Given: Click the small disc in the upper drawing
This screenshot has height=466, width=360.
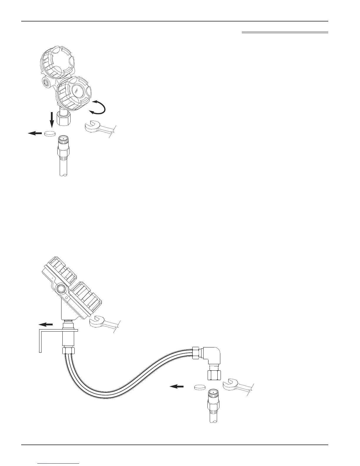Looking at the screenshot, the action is pyautogui.click(x=50, y=134).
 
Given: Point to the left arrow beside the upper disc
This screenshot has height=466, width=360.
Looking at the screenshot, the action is pyautogui.click(x=35, y=133).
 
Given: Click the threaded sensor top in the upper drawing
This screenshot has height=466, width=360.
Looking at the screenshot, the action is pyautogui.click(x=63, y=140).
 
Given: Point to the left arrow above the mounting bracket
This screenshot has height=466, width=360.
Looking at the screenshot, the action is pyautogui.click(x=46, y=324).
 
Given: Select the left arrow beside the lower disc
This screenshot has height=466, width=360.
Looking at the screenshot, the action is pyautogui.click(x=177, y=386).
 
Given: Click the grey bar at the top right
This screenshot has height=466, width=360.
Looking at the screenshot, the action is pyautogui.click(x=285, y=32).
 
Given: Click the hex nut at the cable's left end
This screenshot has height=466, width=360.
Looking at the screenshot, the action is pyautogui.click(x=69, y=351).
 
